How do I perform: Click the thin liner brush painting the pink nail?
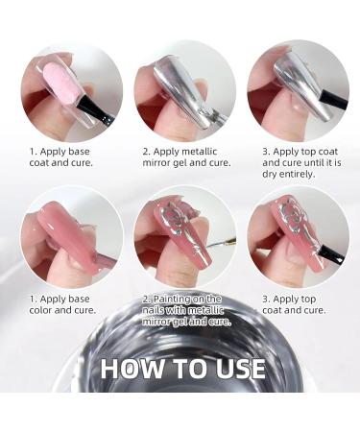pyautogui.click(x=220, y=243)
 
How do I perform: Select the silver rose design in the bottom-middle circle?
pyautogui.click(x=176, y=219)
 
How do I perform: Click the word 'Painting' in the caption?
pyautogui.click(x=172, y=299)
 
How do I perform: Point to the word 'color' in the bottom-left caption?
pyautogui.click(x=40, y=310)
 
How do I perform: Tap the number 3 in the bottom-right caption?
pyautogui.click(x=265, y=300)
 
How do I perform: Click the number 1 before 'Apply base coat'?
pyautogui.click(x=33, y=152)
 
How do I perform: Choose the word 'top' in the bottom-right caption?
pyautogui.click(x=307, y=300)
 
